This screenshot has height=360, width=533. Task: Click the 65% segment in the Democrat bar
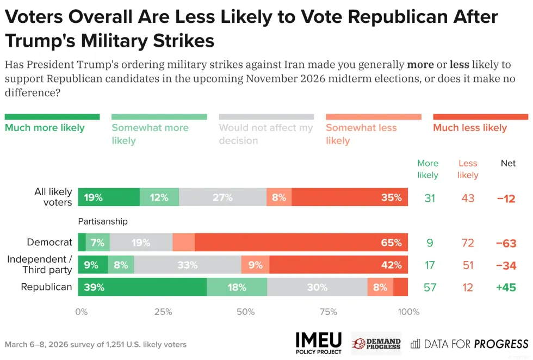pyautogui.click(x=301, y=243)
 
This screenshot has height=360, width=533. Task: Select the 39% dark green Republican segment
pyautogui.click(x=142, y=287)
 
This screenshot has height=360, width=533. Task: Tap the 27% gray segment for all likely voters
pyautogui.click(x=222, y=197)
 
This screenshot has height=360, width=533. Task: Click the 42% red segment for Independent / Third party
pyautogui.click(x=338, y=265)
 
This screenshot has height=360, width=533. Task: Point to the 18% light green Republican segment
pyautogui.click(x=237, y=287)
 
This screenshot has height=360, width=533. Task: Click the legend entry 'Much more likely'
pyautogui.click(x=45, y=128)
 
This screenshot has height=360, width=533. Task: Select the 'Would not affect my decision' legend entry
pyautogui.click(x=265, y=134)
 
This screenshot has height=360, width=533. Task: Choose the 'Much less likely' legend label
pyautogui.click(x=470, y=128)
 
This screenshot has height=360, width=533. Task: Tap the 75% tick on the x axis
pyautogui.click(x=328, y=312)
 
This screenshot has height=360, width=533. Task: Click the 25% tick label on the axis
pyautogui.click(x=163, y=312)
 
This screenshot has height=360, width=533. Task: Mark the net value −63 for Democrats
pyautogui.click(x=506, y=243)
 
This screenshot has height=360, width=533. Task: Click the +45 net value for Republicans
pyautogui.click(x=506, y=287)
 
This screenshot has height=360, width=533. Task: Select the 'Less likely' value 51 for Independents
pyautogui.click(x=468, y=265)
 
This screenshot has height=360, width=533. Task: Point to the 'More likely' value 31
pyautogui.click(x=430, y=198)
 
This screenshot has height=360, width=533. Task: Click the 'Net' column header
pyautogui.click(x=508, y=163)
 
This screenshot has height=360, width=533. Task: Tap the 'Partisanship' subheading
pyautogui.click(x=103, y=221)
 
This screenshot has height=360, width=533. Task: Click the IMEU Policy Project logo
pyautogui.click(x=319, y=343)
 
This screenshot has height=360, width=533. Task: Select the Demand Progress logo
pyautogui.click(x=376, y=343)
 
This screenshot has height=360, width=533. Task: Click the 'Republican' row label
pyautogui.click(x=46, y=287)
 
